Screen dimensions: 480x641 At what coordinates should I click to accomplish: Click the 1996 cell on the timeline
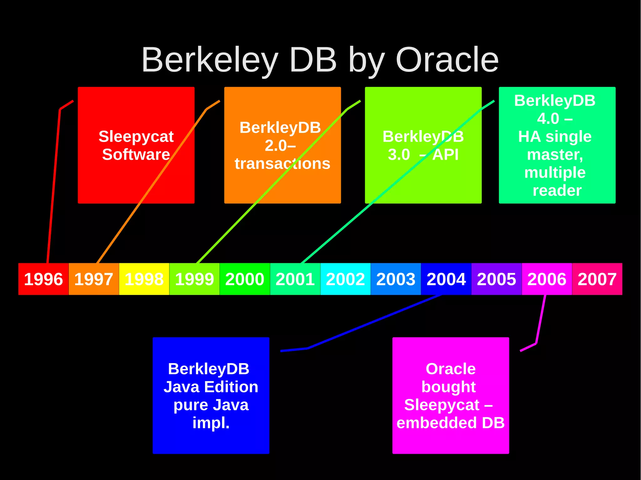43,279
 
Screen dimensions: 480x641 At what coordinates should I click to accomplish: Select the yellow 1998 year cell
144,279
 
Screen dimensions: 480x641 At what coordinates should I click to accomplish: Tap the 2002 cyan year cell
345,279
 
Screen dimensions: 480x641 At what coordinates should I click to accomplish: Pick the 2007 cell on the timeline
597,279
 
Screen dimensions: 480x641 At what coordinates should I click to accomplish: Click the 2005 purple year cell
496,279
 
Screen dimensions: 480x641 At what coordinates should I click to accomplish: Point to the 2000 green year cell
244,279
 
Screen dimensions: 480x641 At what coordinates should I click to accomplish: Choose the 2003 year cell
396,279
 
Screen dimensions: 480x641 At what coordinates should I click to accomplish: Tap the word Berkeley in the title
210,60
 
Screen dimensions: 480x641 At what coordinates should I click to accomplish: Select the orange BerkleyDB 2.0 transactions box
282,188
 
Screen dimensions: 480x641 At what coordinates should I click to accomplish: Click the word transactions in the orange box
282,164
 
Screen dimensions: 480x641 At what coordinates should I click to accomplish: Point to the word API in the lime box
445,154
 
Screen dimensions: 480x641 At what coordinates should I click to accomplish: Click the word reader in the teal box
557,190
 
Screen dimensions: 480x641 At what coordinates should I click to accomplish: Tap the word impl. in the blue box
211,423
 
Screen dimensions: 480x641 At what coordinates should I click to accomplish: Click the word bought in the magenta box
448,387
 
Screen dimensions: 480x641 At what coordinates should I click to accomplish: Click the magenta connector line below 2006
541,319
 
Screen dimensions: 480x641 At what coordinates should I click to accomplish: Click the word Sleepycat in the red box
136,137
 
